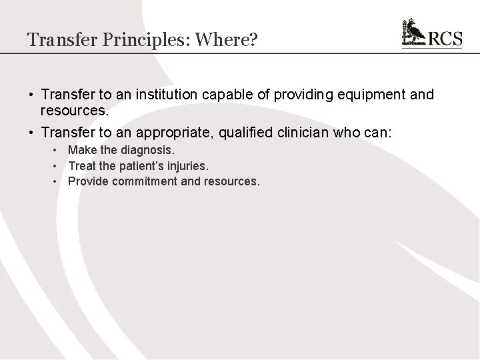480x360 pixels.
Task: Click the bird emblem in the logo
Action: [413, 32]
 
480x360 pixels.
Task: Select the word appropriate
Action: [151, 133]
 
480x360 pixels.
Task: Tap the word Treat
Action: [82, 166]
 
